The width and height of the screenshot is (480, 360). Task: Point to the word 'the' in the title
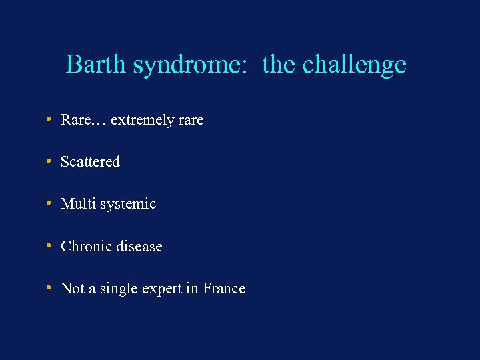coord(279,65)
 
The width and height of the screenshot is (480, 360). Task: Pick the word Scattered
coord(90,162)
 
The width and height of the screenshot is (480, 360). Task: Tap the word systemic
coord(128,205)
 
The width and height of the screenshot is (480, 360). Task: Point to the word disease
coord(139,247)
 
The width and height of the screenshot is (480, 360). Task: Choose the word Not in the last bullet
coord(72,289)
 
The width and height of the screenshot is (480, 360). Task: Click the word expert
coord(161,289)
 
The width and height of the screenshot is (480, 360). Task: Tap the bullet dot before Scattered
coord(49,161)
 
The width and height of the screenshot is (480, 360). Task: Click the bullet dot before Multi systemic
coord(49,203)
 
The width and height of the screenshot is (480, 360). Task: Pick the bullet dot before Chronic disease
coord(49,246)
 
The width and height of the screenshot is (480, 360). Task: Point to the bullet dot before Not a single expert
coord(49,288)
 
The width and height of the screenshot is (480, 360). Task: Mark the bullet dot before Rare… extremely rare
coord(49,119)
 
